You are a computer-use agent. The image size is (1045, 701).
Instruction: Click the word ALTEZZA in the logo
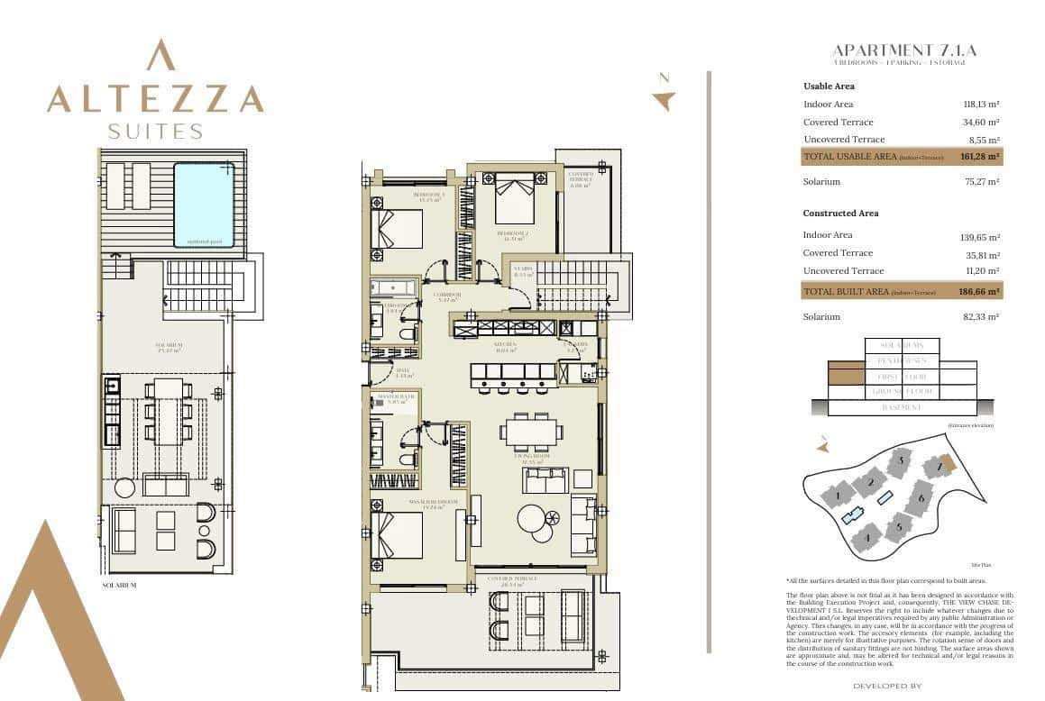pos(155,98)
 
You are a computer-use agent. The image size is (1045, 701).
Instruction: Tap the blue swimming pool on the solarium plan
pos(204,205)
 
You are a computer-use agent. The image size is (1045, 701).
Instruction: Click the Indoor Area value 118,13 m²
pos(981,105)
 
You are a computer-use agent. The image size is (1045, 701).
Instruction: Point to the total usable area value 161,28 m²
pos(980,157)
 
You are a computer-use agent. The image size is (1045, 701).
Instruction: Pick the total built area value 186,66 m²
pos(980,292)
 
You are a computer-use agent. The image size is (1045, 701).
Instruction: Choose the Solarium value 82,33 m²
pos(981,317)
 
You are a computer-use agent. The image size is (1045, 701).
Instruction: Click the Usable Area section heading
pos(829,86)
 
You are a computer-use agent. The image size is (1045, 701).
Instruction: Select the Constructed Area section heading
pos(840,214)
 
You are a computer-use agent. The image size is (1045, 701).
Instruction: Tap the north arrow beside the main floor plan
pos(664,99)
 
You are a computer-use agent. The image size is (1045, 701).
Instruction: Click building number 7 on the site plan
pos(940,466)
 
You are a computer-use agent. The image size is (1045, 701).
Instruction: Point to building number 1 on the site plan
pos(838,495)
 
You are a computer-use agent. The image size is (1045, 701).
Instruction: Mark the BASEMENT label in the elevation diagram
pos(902,408)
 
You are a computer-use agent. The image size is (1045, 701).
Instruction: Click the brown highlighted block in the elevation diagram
pos(846,376)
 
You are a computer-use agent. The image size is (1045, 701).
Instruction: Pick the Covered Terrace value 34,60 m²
pos(981,123)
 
